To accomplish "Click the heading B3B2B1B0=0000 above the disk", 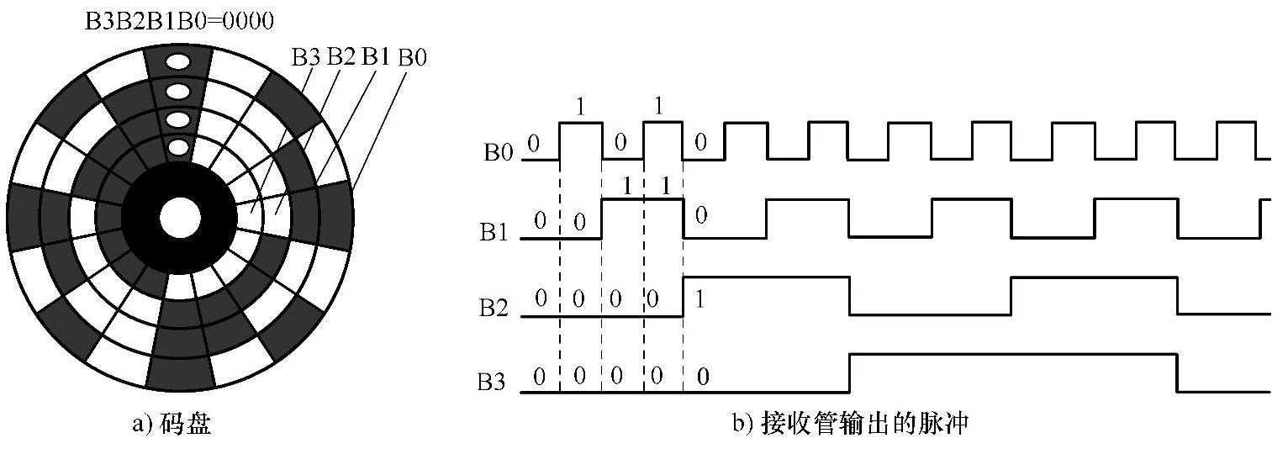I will pos(180,18).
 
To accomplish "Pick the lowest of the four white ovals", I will pos(177,148).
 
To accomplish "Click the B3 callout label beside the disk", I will pos(306,57).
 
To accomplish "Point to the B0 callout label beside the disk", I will pos(412,58).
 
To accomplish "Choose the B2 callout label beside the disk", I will pos(340,57).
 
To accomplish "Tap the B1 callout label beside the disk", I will pos(376,57).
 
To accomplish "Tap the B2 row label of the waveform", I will pos(497,308).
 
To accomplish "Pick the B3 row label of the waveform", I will pos(497,383).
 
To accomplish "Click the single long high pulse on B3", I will pos(1012,356).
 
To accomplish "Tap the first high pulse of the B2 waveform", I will pos(766,277).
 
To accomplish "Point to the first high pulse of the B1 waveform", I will pos(642,200).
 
